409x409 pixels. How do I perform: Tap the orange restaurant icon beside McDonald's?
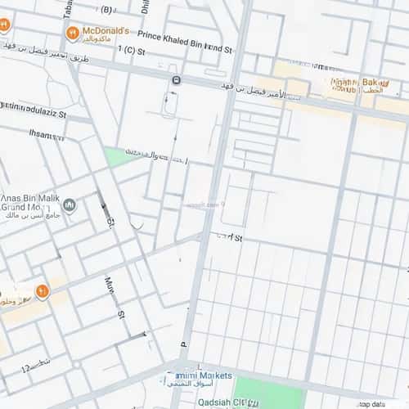click(x=74, y=33)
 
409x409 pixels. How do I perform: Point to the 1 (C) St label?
click(x=131, y=50)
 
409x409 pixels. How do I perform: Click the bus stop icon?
click(x=176, y=79)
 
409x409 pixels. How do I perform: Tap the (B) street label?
click(x=106, y=10)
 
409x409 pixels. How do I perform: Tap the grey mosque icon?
click(x=70, y=204)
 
